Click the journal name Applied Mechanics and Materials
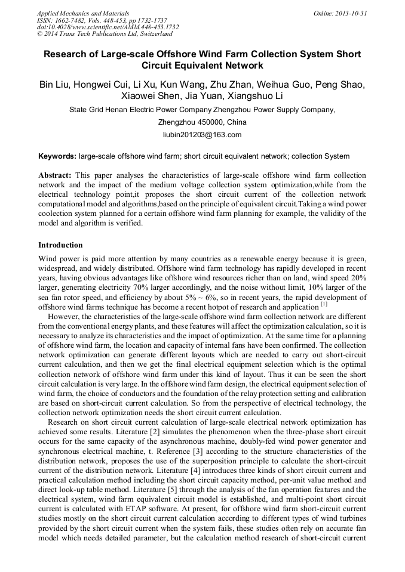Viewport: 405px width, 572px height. click(82, 13)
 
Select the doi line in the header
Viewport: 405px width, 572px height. click(108, 27)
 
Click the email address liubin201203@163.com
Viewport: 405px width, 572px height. click(202, 135)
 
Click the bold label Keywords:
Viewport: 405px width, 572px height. click(57, 156)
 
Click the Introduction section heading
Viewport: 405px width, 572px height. click(60, 245)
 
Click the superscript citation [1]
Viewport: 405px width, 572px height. click(324, 304)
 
